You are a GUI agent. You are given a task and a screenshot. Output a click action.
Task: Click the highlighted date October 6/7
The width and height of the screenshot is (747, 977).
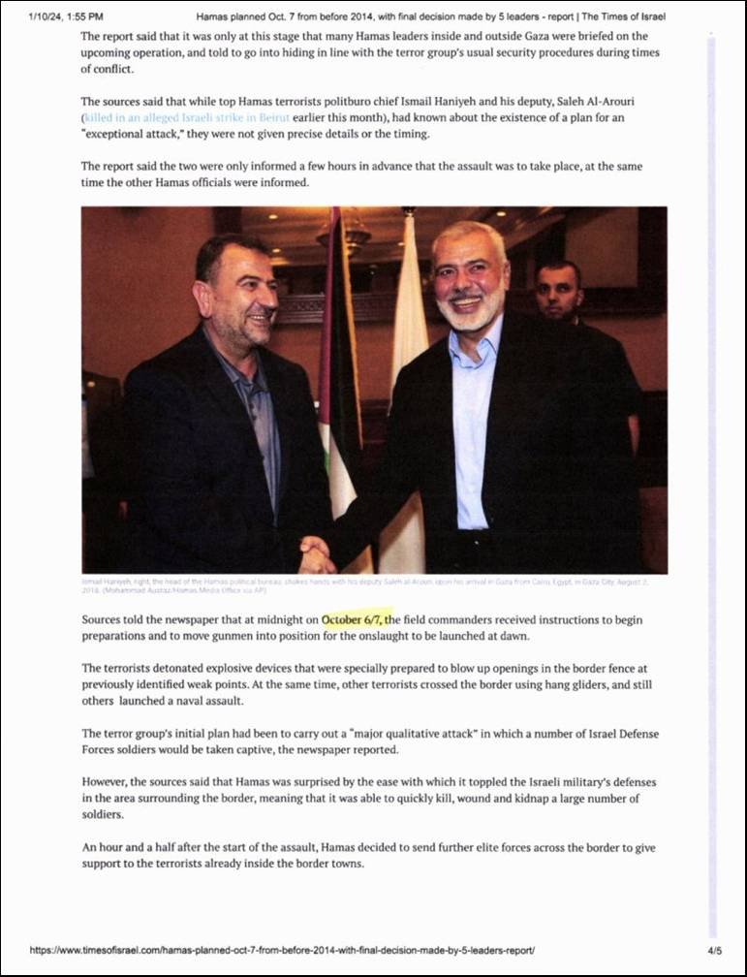[x=358, y=619]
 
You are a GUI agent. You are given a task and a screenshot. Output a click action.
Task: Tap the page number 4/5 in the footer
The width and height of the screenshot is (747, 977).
[x=715, y=951]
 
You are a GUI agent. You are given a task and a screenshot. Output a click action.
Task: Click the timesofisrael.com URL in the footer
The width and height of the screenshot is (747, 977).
[x=282, y=951]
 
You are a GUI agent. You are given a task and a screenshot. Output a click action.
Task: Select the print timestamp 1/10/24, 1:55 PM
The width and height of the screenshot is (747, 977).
[x=66, y=16]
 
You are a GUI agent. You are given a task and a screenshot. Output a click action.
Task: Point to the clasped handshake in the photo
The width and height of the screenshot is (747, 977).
[x=317, y=556]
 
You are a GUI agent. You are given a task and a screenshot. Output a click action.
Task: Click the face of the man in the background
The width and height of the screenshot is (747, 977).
[x=559, y=290]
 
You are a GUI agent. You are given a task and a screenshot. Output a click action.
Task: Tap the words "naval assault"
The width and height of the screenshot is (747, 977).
[x=205, y=701]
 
